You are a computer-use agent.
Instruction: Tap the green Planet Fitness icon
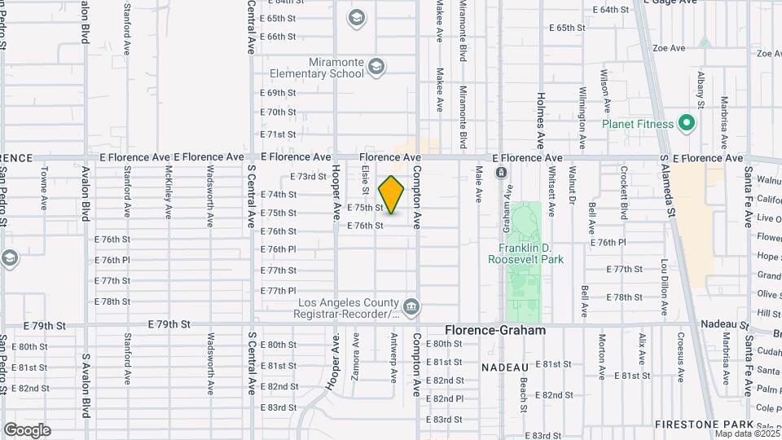687,125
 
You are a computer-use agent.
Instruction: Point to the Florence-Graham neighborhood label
495,331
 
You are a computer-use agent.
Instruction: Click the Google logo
27,429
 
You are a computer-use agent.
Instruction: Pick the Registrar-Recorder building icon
412,306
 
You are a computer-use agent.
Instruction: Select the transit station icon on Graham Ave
501,173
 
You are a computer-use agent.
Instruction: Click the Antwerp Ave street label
393,362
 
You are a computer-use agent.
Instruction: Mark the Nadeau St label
722,323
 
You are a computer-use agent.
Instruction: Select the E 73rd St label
308,176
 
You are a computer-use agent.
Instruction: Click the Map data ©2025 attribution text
745,433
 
